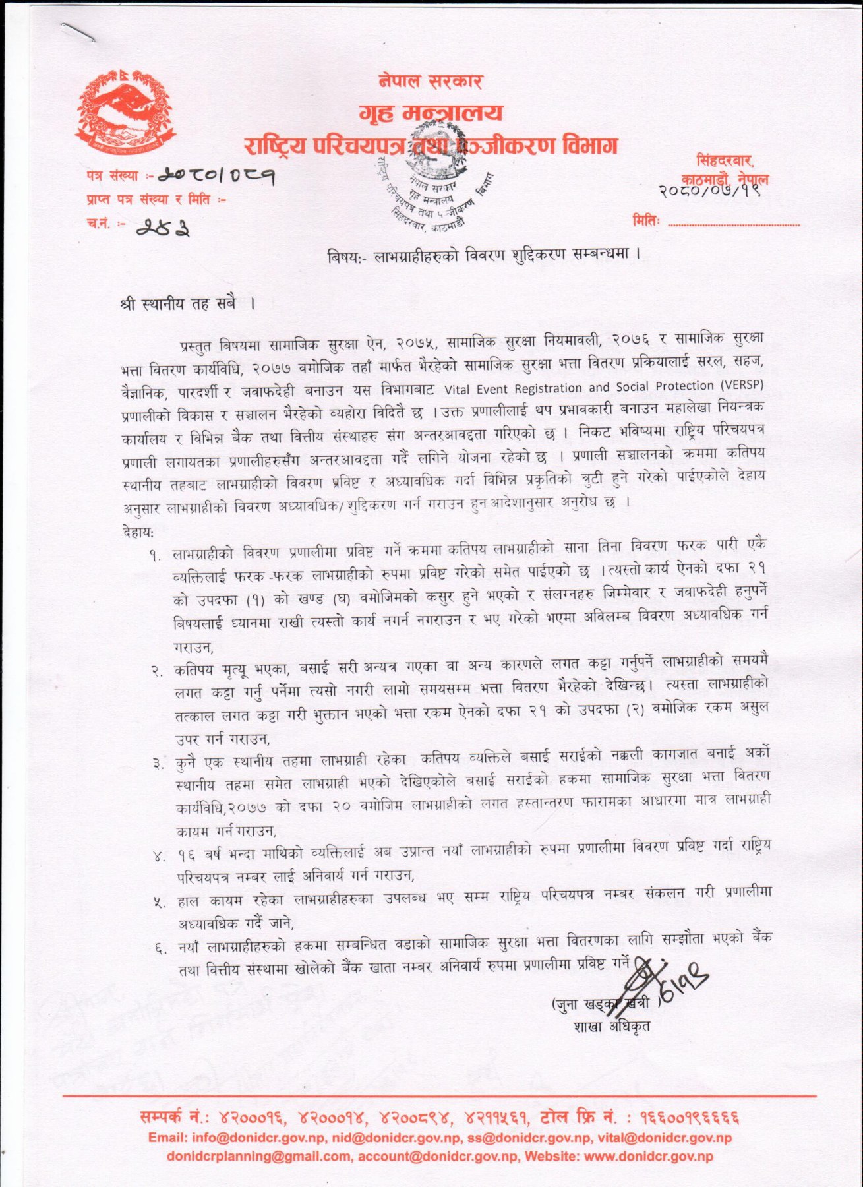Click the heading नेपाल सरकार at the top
click(430, 82)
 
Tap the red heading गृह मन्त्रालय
click(431, 113)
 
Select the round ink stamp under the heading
click(432, 191)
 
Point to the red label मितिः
click(645, 220)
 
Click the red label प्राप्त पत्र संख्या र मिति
click(156, 199)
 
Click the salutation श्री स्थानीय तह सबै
click(187, 305)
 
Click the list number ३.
click(158, 764)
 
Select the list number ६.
click(160, 948)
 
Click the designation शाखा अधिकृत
click(612, 1027)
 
